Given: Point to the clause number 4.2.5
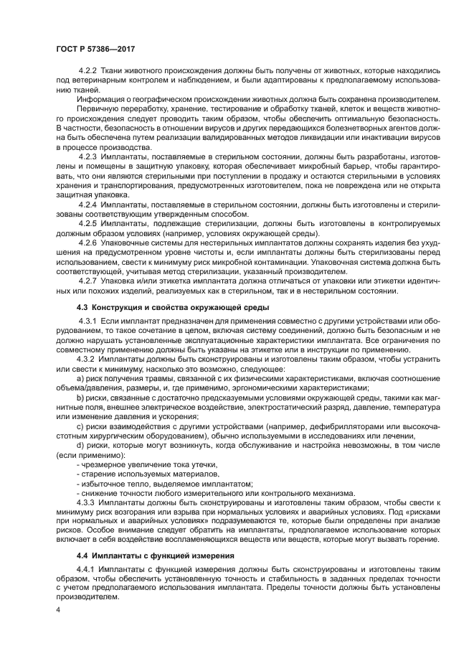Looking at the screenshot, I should tap(87, 224).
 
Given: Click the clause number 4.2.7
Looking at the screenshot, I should tap(87, 280).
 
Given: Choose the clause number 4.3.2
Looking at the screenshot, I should tap(87, 357).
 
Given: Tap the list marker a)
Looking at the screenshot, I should tap(80, 377).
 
